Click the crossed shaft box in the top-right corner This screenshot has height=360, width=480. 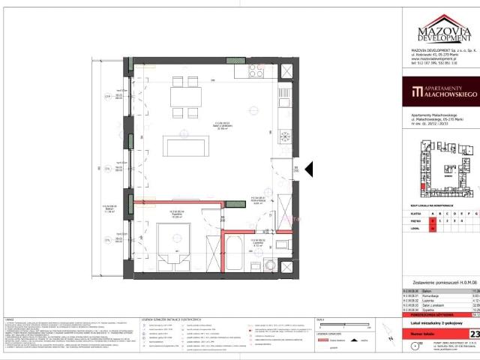[286, 70]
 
